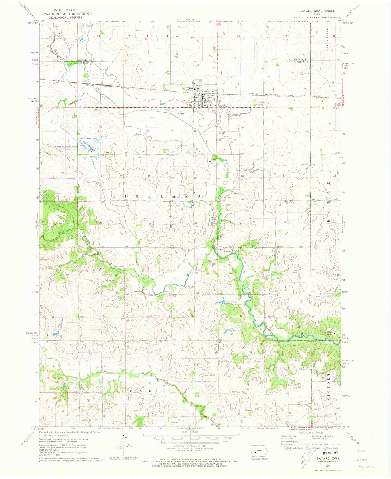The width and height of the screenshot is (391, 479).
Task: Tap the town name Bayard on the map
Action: (x=210, y=96)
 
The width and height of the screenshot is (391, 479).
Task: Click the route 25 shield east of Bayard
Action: (x=225, y=106)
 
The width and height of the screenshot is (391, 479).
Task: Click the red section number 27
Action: (x=197, y=273)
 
